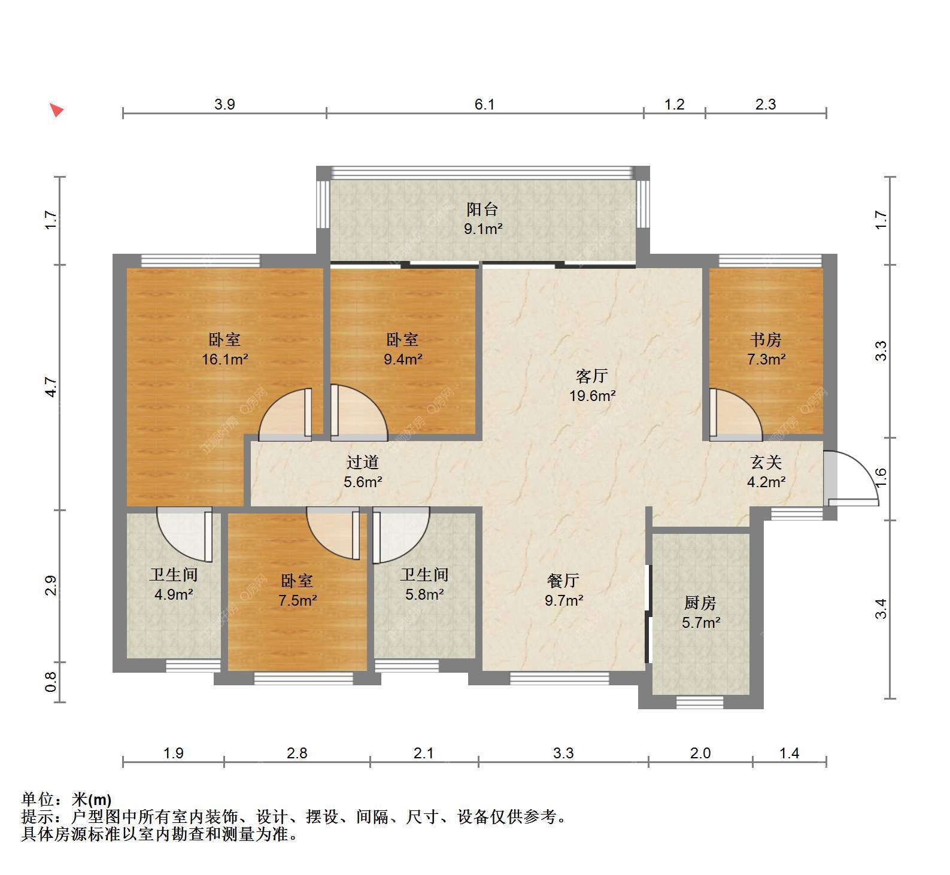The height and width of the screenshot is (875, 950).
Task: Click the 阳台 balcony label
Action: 482,209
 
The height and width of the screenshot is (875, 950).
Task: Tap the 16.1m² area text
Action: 225,360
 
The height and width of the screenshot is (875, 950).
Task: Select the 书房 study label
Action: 766,340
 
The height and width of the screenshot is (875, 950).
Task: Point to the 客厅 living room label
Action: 591,376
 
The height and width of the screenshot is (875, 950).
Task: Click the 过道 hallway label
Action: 363,462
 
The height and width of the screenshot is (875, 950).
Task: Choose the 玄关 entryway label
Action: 766,462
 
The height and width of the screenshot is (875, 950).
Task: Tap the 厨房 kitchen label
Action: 700,603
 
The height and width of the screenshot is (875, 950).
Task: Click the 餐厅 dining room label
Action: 563,581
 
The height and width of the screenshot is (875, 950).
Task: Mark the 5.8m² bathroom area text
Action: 424,594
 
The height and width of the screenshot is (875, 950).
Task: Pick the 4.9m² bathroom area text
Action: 174,594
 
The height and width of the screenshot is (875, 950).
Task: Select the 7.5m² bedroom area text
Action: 298,600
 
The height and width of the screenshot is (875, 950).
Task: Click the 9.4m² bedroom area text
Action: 403,360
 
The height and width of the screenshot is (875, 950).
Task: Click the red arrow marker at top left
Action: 56,110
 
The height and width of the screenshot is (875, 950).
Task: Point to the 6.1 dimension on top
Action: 485,105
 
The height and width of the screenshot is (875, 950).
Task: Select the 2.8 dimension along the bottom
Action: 297,753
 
